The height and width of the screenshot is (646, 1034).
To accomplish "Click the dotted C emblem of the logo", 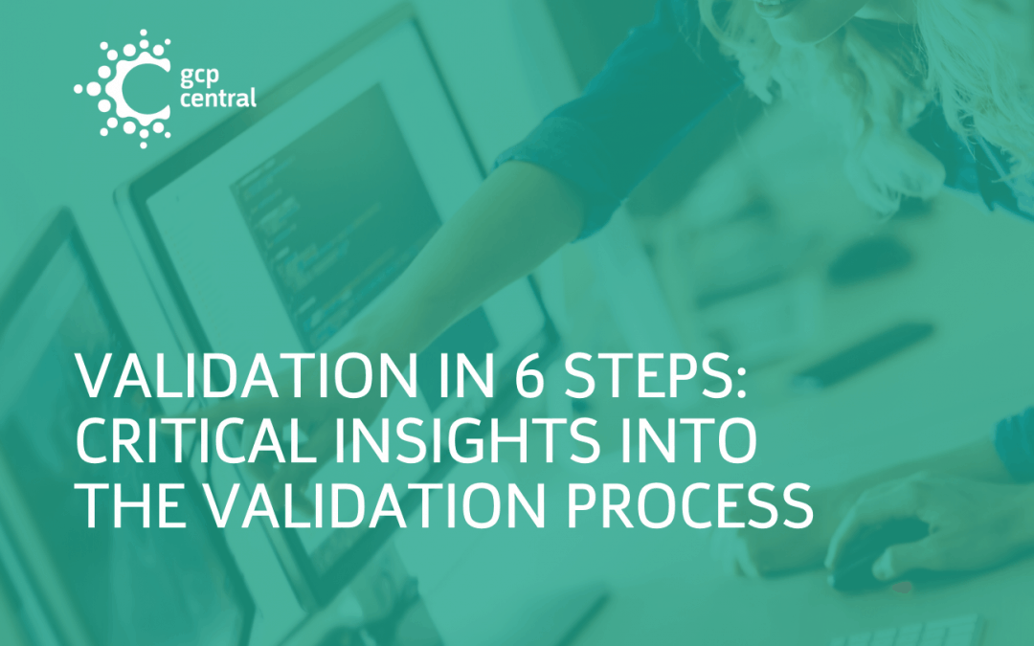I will [124, 88].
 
